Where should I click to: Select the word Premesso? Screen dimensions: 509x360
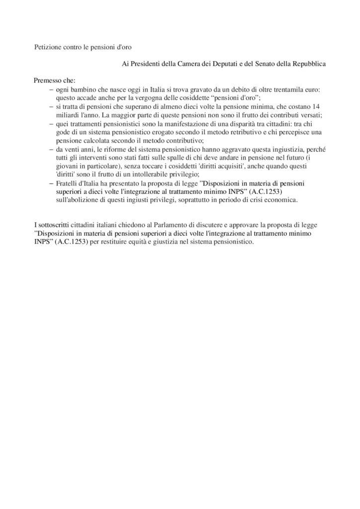click(48, 81)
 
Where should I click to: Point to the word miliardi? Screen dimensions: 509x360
click(68, 115)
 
